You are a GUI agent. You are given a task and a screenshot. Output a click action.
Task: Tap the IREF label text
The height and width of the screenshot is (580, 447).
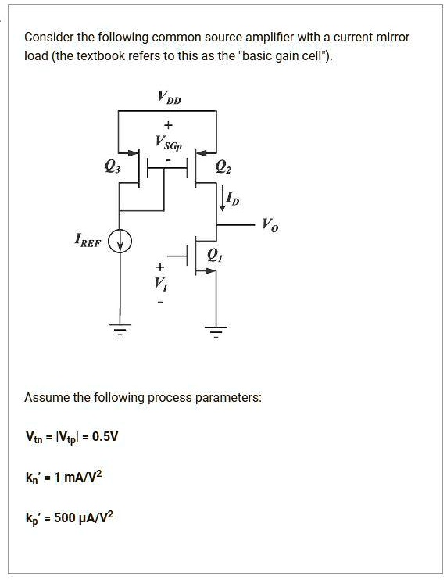(88, 242)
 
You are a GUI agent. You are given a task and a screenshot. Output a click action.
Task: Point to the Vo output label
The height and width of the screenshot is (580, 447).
(270, 225)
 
